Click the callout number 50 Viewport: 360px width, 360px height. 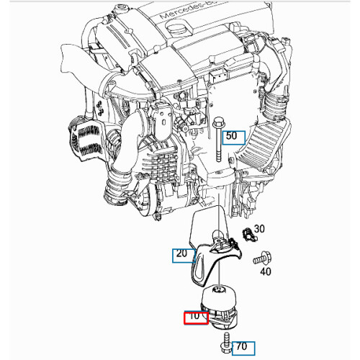tap(233, 135)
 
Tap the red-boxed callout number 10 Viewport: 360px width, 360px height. tap(194, 316)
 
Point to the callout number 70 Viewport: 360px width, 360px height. tap(241, 347)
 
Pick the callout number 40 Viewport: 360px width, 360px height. tap(265, 271)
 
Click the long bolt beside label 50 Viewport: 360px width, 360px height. tap(215, 144)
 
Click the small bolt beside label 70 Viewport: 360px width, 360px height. tap(225, 342)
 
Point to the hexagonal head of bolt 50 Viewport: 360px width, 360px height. tap(215, 123)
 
